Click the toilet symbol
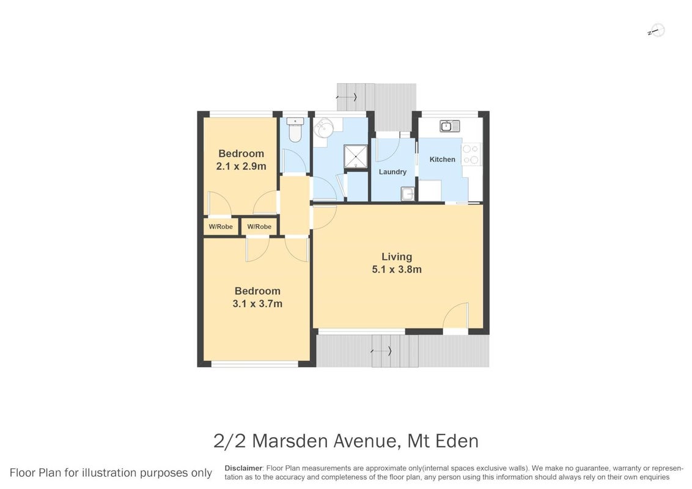[295, 130]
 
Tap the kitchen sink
[450, 126]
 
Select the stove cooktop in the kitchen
[471, 154]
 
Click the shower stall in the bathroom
[356, 156]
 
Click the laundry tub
[408, 193]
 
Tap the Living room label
[397, 256]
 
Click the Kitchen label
[442, 160]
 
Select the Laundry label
[392, 172]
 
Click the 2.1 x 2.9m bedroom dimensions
[241, 166]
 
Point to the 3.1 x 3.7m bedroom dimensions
[257, 304]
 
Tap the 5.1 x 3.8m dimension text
[397, 269]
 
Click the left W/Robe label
[221, 227]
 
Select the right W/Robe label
[259, 227]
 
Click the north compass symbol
[657, 31]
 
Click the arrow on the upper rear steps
[347, 97]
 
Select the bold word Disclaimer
[244, 468]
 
